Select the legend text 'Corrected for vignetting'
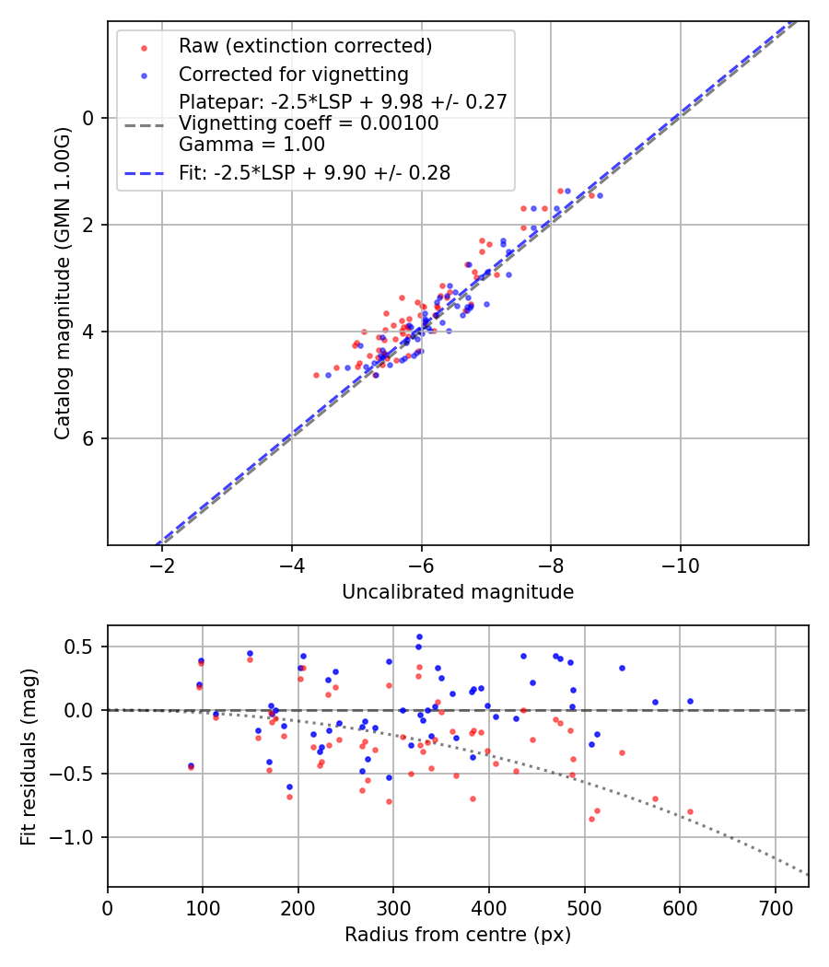click(x=293, y=74)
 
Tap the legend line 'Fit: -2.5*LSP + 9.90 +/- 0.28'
click(x=144, y=173)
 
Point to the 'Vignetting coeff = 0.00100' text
click(x=308, y=123)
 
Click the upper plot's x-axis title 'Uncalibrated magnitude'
click(x=458, y=592)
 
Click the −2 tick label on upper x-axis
click(x=162, y=564)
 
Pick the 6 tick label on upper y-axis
click(x=89, y=438)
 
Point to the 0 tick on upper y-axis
click(x=89, y=118)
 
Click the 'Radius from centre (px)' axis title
click(x=458, y=935)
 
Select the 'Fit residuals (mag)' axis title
click(x=29, y=756)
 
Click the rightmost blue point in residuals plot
click(x=690, y=701)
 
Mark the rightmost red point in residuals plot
click(x=690, y=811)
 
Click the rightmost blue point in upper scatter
click(x=600, y=195)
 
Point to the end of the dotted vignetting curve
click(x=808, y=874)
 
